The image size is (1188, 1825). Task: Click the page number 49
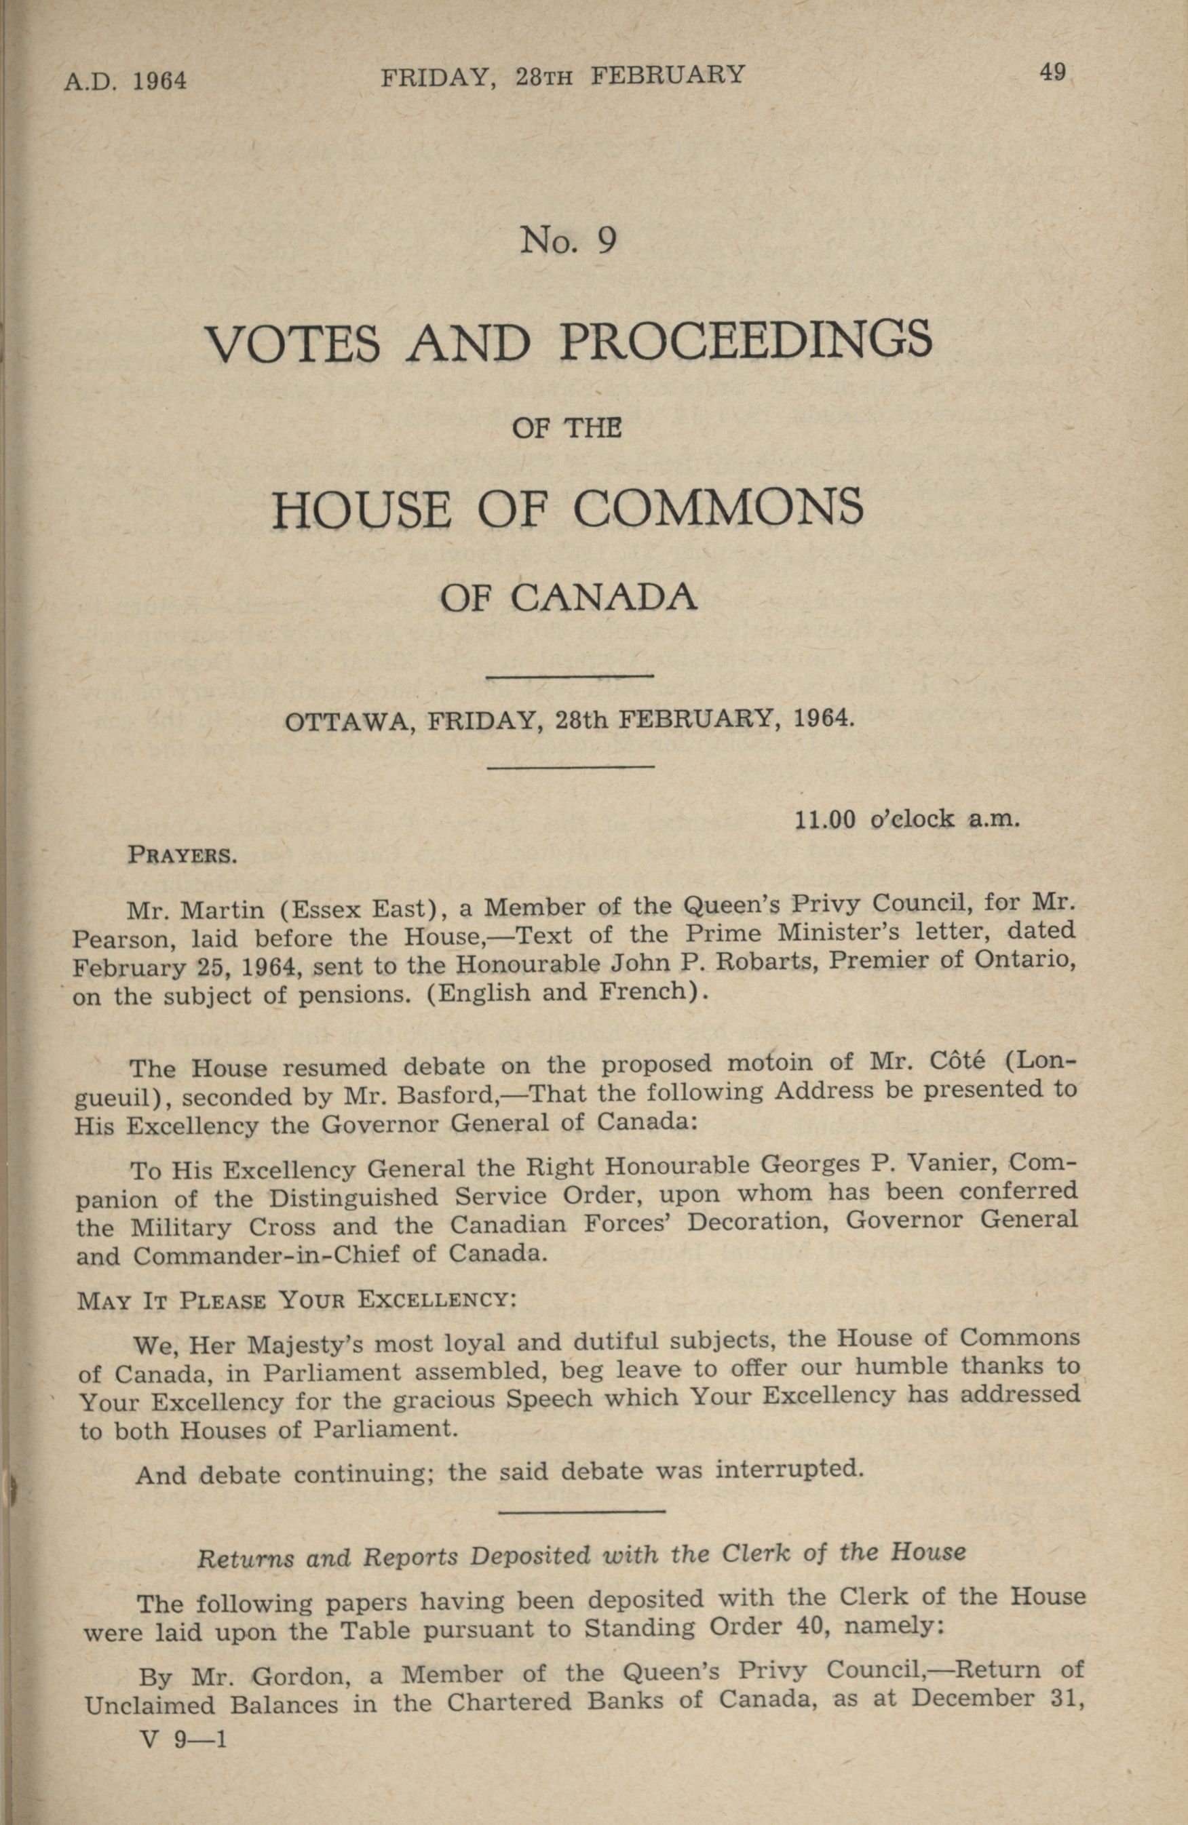click(1052, 74)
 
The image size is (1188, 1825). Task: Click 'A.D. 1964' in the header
click(125, 80)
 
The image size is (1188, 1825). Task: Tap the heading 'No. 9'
click(569, 241)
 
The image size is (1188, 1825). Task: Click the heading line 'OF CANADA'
click(569, 597)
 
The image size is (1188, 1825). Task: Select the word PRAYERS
click(181, 855)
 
